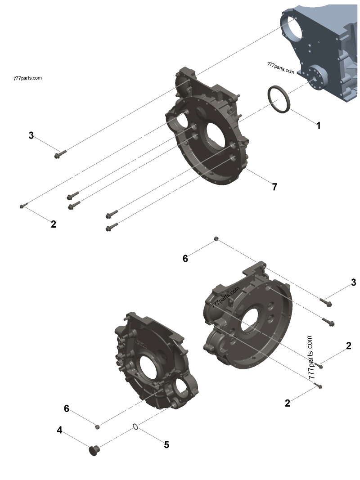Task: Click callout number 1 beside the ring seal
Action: (x=318, y=126)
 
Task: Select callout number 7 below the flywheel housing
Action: (x=274, y=187)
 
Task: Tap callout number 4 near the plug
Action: (x=59, y=430)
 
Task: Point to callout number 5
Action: (x=166, y=445)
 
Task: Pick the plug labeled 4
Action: (x=94, y=449)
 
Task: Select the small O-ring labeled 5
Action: (x=135, y=426)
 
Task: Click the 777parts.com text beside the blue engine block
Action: (x=280, y=68)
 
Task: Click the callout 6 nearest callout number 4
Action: (x=67, y=408)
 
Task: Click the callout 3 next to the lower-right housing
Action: (x=353, y=283)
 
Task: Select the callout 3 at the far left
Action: (x=31, y=135)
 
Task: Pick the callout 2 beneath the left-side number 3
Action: (x=53, y=224)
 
